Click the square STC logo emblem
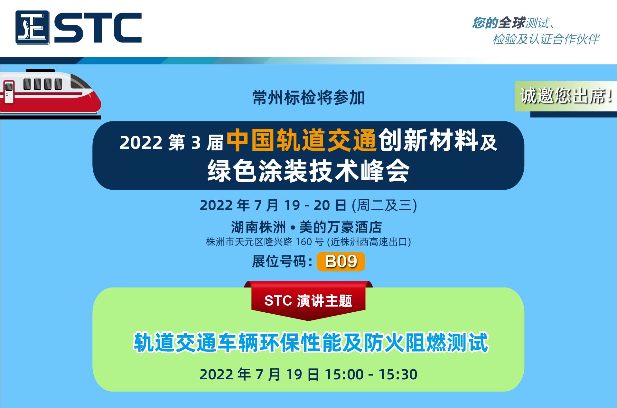(x=33, y=27)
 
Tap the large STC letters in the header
(x=98, y=28)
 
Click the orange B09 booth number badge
(x=341, y=261)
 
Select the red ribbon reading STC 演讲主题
(x=308, y=300)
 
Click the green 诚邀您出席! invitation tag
(x=566, y=96)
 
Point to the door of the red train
(x=9, y=92)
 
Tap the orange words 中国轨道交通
(x=302, y=140)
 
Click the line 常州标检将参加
(x=308, y=98)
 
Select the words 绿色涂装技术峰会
(x=308, y=171)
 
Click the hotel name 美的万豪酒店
(x=341, y=227)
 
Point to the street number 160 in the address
(x=304, y=242)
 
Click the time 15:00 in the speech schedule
(x=344, y=375)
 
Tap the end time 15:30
(x=398, y=375)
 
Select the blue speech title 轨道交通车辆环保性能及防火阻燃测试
(x=311, y=342)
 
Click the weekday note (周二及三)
(x=384, y=205)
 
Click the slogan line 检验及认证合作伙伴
(x=546, y=39)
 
